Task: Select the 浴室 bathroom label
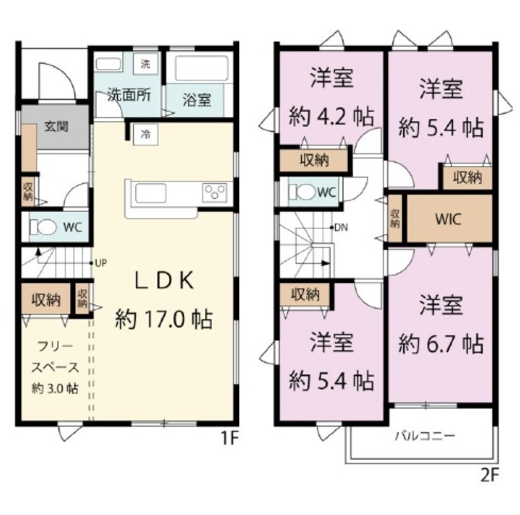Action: pos(197,100)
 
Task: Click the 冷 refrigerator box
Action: pos(146,134)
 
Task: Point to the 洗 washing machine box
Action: pos(145,65)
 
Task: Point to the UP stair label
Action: pos(100,263)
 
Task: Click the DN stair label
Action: pos(341,227)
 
